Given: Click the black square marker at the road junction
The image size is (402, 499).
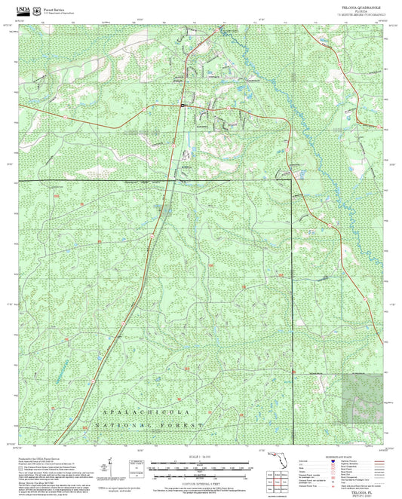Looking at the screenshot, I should click(183, 107).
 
